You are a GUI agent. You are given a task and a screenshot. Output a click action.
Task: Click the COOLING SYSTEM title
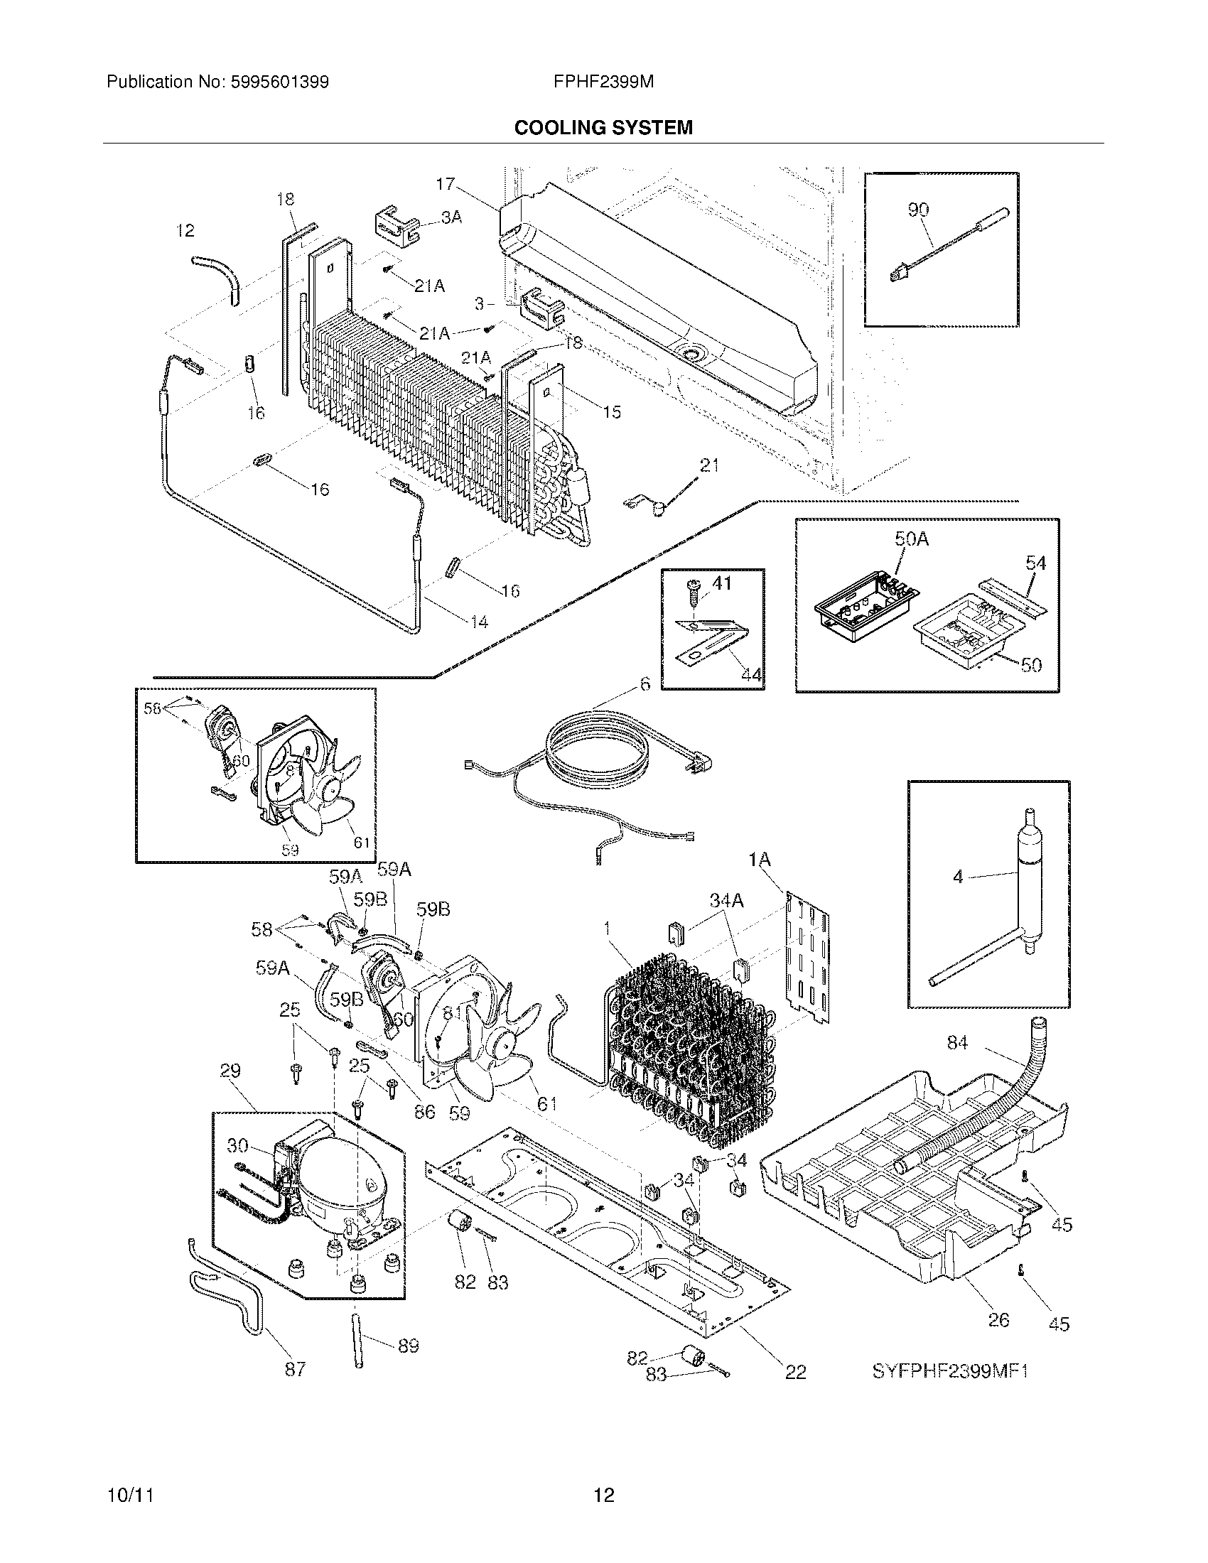coord(603,128)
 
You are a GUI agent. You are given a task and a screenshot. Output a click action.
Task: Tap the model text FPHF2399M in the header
coord(603,82)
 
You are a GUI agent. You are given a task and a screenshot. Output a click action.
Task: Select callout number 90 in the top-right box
coord(918,210)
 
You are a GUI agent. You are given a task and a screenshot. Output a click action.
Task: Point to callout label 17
coord(445,184)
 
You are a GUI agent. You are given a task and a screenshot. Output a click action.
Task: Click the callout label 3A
coord(451,217)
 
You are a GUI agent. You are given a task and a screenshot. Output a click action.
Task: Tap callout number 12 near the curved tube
coord(185,231)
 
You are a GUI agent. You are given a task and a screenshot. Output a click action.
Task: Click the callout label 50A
coord(911,540)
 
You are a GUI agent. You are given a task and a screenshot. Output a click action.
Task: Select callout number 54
coord(1035,563)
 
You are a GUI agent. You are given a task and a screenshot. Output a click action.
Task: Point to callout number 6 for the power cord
coord(645,684)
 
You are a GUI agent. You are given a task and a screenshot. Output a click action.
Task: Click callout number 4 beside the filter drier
coord(959,876)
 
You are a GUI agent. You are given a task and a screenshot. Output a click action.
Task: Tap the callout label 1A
coord(759,860)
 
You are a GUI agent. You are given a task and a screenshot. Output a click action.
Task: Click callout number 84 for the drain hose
coord(957,1043)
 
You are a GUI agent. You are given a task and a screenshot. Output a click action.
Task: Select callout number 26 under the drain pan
coord(998,1319)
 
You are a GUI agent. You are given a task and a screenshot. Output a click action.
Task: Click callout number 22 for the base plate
coord(796,1371)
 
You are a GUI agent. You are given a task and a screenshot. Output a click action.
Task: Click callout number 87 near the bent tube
coord(295,1368)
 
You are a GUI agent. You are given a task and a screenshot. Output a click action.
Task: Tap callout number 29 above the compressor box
coord(230,1091)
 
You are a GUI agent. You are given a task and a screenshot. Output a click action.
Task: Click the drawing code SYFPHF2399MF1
coord(949,1370)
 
